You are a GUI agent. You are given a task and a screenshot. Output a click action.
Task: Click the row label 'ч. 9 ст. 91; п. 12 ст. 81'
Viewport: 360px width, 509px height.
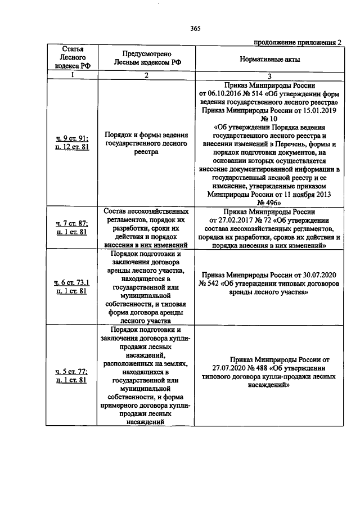pyautogui.click(x=71, y=143)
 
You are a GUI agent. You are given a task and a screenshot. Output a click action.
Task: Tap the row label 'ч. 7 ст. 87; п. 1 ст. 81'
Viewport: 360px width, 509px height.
pyautogui.click(x=71, y=228)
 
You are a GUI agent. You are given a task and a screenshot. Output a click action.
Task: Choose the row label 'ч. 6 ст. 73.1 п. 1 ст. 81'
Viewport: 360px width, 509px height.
pyautogui.click(x=71, y=286)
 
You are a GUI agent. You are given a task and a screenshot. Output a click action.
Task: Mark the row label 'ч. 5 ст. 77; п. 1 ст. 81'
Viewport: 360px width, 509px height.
pyautogui.click(x=71, y=376)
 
